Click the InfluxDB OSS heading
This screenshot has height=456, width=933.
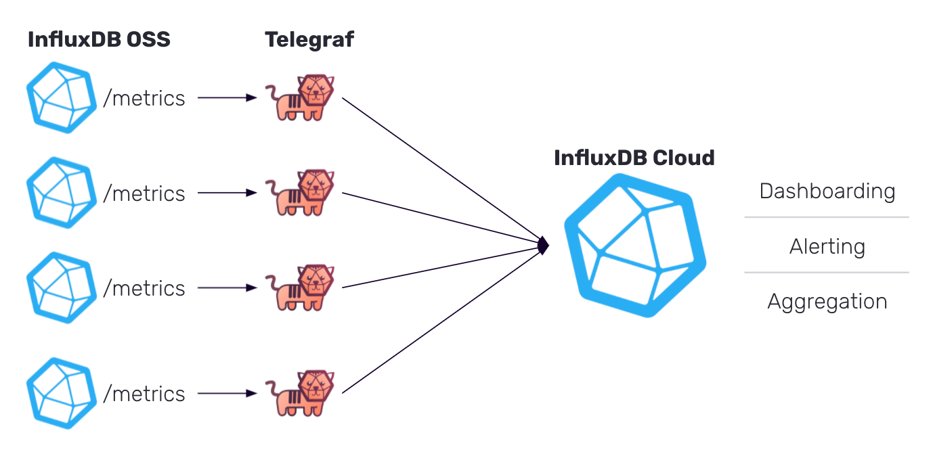(99, 40)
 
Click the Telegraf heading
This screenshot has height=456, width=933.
(309, 40)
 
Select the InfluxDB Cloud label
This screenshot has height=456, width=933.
(634, 158)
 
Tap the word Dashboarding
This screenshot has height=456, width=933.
(827, 191)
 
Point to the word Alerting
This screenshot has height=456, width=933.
(827, 247)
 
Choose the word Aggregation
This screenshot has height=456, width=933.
(827, 302)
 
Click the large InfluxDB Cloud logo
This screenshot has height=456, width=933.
(635, 246)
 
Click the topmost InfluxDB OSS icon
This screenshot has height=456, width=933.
(62, 97)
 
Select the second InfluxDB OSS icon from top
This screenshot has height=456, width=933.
(62, 193)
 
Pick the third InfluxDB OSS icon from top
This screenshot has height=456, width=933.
(62, 288)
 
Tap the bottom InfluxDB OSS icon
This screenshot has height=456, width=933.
(62, 393)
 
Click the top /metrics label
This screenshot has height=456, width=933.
(144, 99)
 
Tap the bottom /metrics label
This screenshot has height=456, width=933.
(144, 394)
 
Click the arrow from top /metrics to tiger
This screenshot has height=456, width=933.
(227, 98)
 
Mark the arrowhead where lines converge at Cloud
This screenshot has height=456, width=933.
(542, 245)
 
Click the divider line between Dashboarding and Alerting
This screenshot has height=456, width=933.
(826, 217)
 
